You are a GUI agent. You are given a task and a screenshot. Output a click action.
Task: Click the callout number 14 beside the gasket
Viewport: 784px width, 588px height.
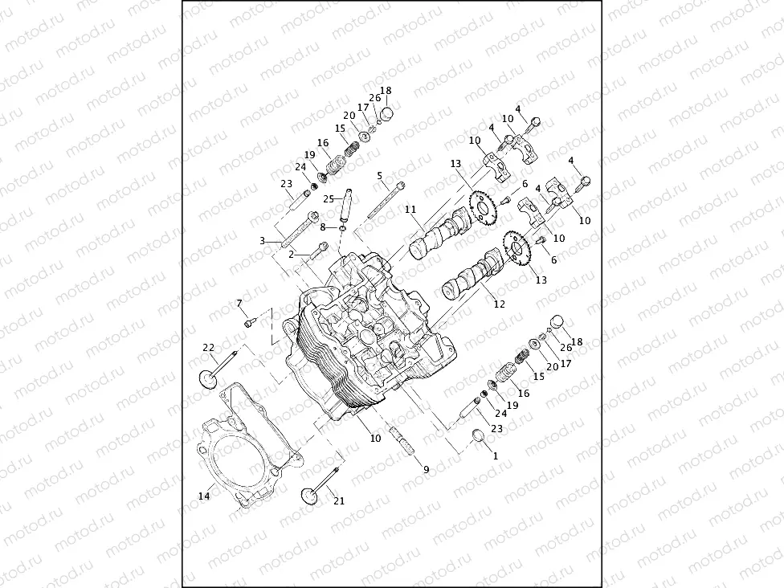(203, 496)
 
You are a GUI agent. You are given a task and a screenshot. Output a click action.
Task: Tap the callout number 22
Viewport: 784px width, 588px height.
(209, 348)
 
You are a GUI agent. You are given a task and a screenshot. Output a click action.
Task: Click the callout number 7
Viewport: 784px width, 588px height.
(239, 303)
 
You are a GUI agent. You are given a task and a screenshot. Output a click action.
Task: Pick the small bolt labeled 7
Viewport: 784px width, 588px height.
(250, 322)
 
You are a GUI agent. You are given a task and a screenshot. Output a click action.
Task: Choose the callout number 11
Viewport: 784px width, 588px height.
(410, 210)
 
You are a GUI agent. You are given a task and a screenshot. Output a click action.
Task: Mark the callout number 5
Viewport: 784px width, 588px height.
(380, 174)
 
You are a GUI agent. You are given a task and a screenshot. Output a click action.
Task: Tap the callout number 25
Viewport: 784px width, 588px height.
(329, 198)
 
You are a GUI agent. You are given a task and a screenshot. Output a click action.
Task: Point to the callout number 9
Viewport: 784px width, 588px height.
(426, 469)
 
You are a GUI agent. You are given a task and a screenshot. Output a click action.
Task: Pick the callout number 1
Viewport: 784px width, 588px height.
(495, 455)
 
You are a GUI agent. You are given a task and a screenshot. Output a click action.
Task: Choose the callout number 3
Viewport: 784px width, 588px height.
(262, 241)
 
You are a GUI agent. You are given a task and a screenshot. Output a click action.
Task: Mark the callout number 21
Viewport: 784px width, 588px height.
(338, 501)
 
